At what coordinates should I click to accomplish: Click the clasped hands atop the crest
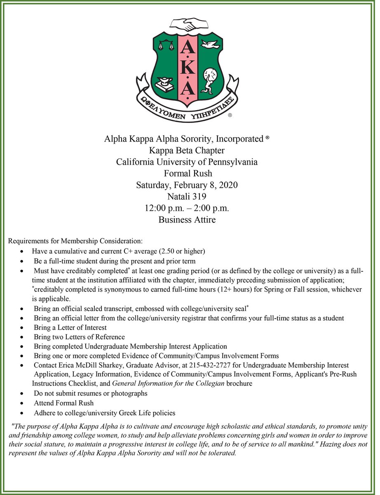(x=187, y=24)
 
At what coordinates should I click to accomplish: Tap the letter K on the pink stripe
(x=187, y=66)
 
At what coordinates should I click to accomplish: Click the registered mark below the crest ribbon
(x=230, y=116)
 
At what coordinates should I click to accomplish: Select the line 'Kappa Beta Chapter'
(x=187, y=150)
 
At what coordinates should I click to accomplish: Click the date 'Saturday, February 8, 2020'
(x=187, y=185)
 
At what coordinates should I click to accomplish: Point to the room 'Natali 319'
(x=187, y=196)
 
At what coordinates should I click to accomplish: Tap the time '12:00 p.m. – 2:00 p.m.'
(x=187, y=208)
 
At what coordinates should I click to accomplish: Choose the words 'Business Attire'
(x=187, y=219)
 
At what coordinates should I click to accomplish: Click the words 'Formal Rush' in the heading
(x=187, y=173)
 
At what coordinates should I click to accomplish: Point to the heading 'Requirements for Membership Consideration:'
(x=75, y=240)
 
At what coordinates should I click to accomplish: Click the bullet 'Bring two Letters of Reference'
(x=79, y=337)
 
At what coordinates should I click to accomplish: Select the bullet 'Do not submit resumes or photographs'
(x=91, y=393)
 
